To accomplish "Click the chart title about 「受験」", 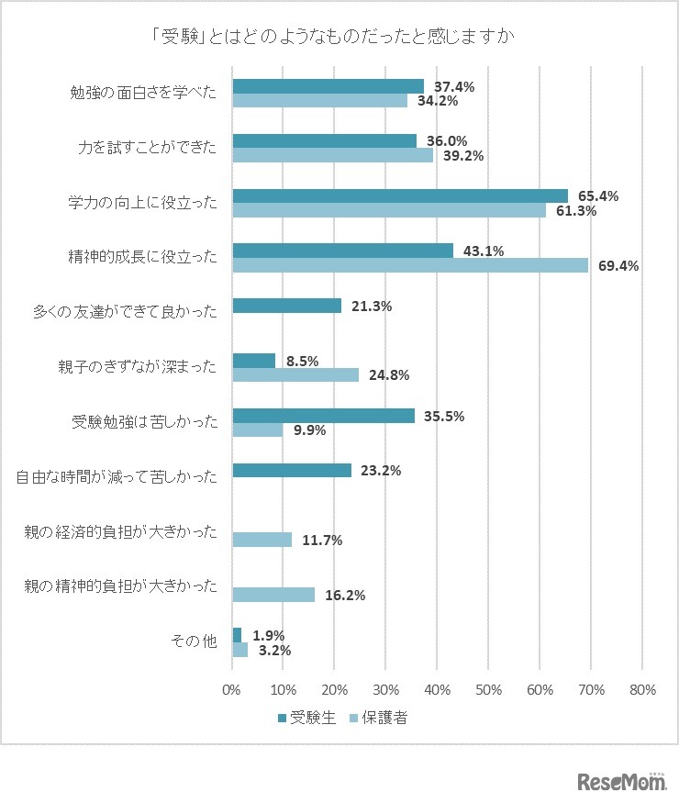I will click(339, 39).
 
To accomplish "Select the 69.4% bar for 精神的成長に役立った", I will click(410, 265).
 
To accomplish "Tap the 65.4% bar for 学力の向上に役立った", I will click(400, 195).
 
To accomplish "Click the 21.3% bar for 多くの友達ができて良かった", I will click(287, 306).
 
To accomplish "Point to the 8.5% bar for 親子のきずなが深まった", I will click(254, 361).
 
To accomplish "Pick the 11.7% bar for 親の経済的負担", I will click(262, 540).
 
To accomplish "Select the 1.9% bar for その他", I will click(237, 635).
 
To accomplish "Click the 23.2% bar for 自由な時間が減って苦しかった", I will click(292, 470).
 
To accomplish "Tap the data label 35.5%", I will click(444, 416).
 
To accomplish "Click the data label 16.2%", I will click(345, 595).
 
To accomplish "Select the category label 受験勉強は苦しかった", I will click(145, 423).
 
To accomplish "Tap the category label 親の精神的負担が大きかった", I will click(120, 587).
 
